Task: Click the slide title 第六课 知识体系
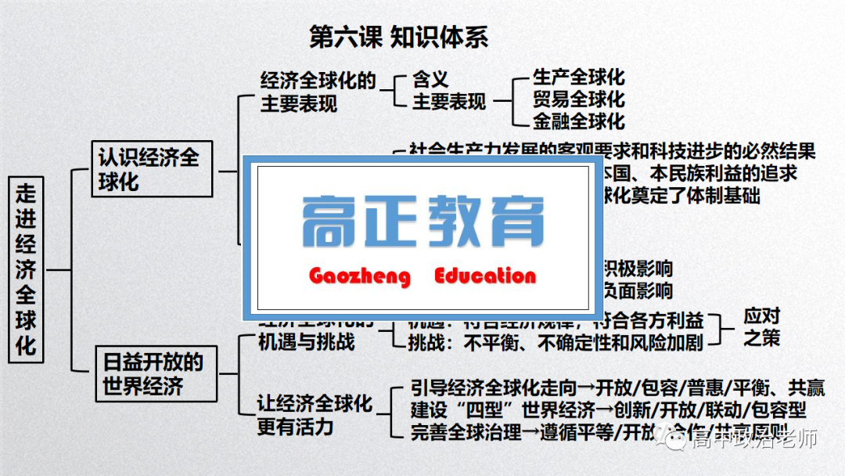(x=399, y=37)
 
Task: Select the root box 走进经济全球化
(x=27, y=268)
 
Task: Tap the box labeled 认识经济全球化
(x=151, y=169)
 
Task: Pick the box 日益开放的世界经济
(x=156, y=373)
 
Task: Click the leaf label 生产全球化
(x=578, y=78)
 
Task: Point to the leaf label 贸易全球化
(x=578, y=99)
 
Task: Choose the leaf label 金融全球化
(x=578, y=121)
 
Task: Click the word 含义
(x=431, y=79)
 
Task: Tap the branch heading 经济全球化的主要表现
(x=318, y=92)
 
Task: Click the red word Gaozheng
(x=359, y=276)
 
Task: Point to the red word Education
(x=485, y=276)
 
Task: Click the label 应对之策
(x=761, y=328)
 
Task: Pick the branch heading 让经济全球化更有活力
(x=315, y=415)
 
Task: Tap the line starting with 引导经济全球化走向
(x=617, y=388)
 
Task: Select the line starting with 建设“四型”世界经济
(x=608, y=409)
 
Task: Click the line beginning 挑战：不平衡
(x=556, y=342)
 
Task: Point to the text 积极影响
(x=635, y=269)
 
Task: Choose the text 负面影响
(x=635, y=291)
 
